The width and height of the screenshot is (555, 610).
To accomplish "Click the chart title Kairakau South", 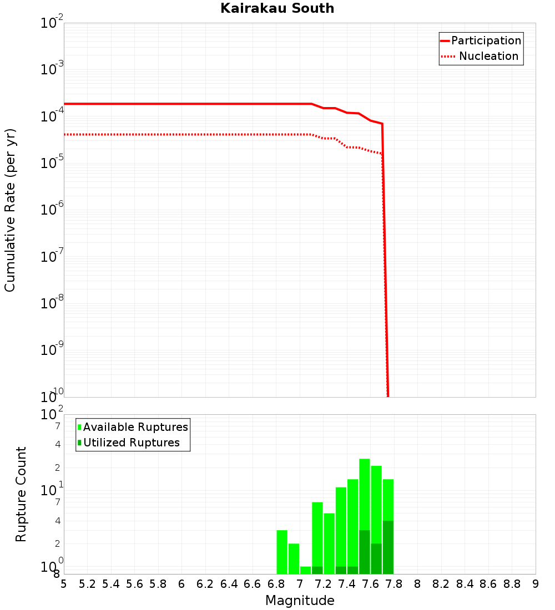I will click(x=277, y=8).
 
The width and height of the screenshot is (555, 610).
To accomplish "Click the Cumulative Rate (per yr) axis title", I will click(x=10, y=210).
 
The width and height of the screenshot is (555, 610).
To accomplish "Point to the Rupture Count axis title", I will click(x=21, y=494).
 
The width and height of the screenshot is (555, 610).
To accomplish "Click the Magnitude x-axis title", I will click(x=300, y=601).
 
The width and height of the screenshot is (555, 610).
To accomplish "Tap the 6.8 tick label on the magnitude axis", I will click(x=276, y=584).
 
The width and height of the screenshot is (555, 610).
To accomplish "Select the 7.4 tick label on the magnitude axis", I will click(x=347, y=584).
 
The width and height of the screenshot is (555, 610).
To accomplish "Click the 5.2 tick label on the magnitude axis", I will click(x=87, y=584).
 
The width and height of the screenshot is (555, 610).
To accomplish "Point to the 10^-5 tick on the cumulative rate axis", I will click(x=52, y=164).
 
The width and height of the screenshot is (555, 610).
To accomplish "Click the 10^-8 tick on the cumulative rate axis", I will click(x=52, y=304).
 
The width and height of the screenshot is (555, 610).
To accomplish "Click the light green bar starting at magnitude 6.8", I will click(x=282, y=552).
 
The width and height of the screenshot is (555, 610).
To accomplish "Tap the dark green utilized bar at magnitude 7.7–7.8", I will click(x=388, y=547).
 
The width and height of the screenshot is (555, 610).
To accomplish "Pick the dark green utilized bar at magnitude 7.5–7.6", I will click(x=365, y=552).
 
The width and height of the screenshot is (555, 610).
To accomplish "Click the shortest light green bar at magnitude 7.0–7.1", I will click(x=305, y=570).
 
